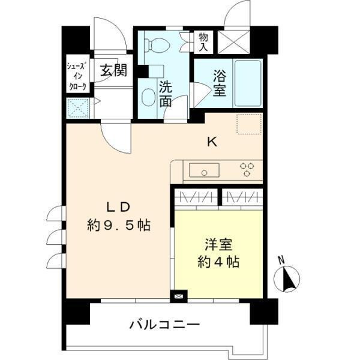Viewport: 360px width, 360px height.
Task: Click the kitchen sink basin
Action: (205, 171)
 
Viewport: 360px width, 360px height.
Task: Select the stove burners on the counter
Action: (247, 170)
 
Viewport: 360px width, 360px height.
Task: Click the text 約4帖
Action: (219, 262)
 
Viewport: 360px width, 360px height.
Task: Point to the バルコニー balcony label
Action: (164, 326)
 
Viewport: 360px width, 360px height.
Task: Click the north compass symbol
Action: (286, 278)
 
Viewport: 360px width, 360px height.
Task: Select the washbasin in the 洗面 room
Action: (148, 96)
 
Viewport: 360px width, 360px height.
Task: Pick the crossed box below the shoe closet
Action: (78, 108)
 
